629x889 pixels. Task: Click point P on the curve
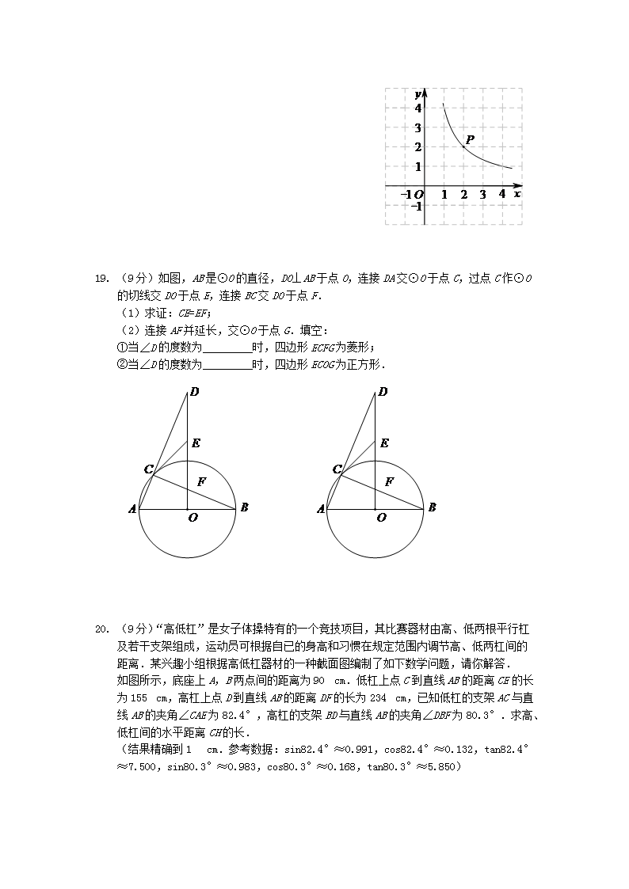pyautogui.click(x=463, y=146)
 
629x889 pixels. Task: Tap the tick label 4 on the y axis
pyautogui.click(x=417, y=108)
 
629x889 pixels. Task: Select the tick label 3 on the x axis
pyautogui.click(x=482, y=195)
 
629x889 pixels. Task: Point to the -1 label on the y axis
pyautogui.click(x=416, y=207)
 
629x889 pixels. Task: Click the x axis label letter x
pyautogui.click(x=517, y=193)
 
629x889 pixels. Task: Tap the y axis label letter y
pyautogui.click(x=417, y=94)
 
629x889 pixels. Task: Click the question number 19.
pyautogui.click(x=101, y=278)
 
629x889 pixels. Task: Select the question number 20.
pyautogui.click(x=101, y=629)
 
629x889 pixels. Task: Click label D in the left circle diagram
pyautogui.click(x=194, y=391)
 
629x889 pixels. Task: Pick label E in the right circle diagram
pyautogui.click(x=384, y=443)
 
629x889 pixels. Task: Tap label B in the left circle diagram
pyautogui.click(x=244, y=507)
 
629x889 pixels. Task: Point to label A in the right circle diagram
pyautogui.click(x=321, y=509)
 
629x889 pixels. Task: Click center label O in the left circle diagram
pyautogui.click(x=193, y=518)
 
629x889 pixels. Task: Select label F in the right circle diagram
pyautogui.click(x=389, y=481)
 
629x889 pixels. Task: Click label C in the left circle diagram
pyautogui.click(x=148, y=469)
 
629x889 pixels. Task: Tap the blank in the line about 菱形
pyautogui.click(x=227, y=347)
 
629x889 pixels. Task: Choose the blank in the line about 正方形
pyautogui.click(x=227, y=364)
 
